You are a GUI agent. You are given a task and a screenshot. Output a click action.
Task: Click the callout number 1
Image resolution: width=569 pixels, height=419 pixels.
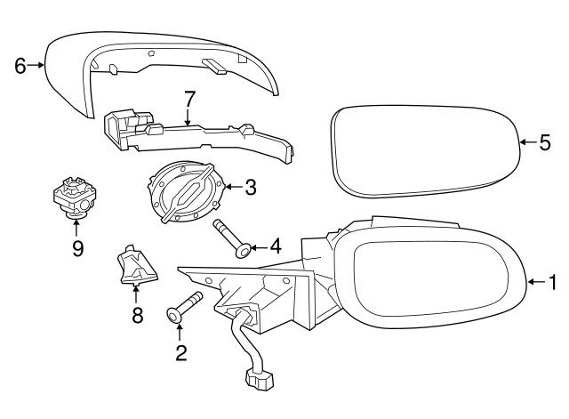(552, 282)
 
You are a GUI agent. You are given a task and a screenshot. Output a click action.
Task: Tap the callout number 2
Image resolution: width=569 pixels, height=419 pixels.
(180, 352)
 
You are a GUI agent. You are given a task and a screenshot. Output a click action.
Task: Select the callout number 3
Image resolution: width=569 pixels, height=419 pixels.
(251, 188)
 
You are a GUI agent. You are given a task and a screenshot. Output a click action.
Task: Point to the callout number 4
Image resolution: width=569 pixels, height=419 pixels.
(276, 247)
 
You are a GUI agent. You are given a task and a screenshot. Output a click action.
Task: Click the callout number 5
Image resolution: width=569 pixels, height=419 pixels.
(545, 142)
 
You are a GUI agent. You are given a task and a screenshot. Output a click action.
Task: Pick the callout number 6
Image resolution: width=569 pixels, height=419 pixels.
(20, 66)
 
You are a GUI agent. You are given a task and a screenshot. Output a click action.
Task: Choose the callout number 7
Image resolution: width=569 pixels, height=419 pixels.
(189, 99)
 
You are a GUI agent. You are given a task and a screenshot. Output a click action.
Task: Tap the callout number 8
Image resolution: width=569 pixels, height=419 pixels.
(137, 315)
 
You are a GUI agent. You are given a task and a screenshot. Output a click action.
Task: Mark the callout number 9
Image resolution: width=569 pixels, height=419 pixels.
(77, 248)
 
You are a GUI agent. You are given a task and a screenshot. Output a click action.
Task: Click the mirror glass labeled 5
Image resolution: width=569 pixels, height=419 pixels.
(426, 152)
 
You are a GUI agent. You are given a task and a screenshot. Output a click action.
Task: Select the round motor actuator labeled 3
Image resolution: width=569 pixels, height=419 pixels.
(187, 190)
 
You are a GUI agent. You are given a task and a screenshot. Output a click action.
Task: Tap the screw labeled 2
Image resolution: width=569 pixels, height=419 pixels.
(184, 307)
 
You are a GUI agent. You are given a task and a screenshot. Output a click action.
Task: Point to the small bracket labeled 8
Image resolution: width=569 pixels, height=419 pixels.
(137, 265)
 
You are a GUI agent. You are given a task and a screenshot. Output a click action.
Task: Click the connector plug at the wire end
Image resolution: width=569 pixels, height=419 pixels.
(259, 380)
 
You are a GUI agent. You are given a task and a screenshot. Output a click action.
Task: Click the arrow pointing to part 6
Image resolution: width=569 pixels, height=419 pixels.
(36, 65)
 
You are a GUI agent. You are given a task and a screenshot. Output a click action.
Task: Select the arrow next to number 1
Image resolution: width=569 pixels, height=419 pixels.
(536, 281)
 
